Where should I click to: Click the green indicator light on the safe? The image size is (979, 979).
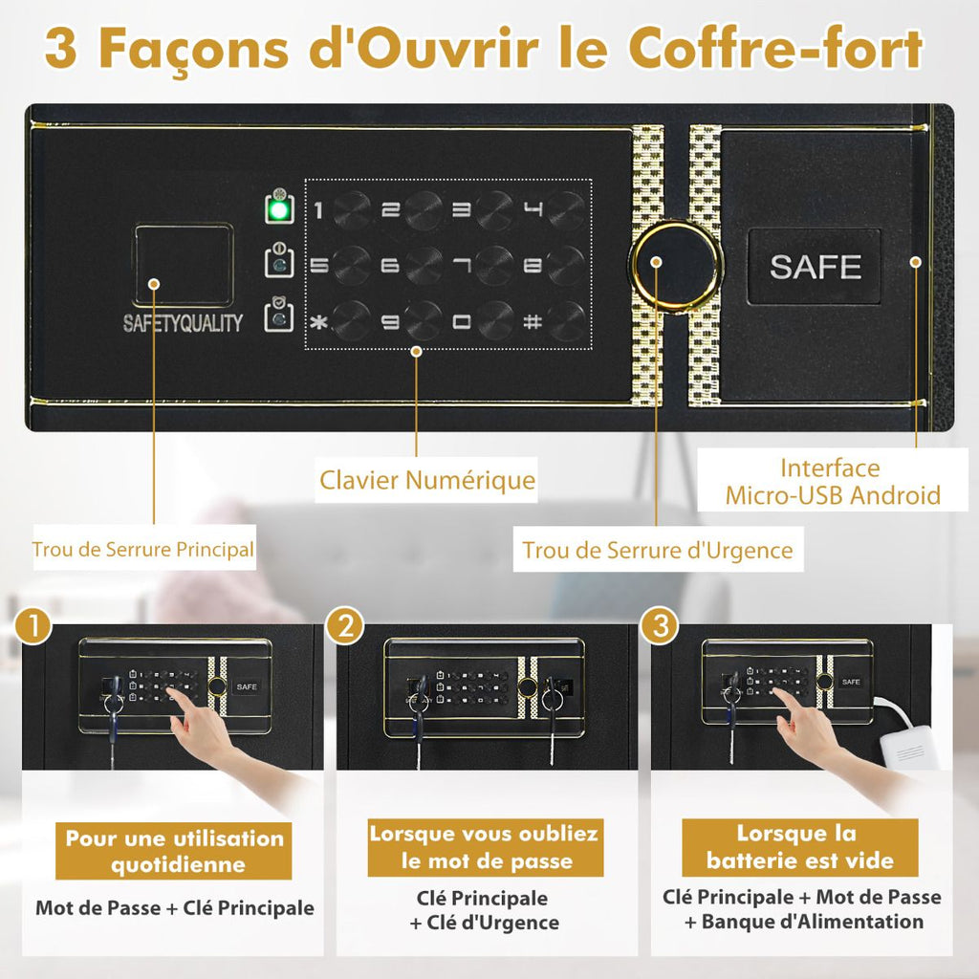tap(280, 209)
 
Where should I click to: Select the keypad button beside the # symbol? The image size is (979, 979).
tap(566, 320)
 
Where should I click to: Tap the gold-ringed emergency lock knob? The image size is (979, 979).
tap(676, 265)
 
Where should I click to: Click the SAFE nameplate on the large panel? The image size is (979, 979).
tap(815, 267)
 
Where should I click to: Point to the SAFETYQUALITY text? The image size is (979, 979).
tap(183, 323)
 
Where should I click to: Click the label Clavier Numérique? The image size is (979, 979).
tap(426, 479)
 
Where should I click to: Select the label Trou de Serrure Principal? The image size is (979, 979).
tap(143, 550)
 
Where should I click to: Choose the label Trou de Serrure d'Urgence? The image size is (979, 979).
tap(657, 551)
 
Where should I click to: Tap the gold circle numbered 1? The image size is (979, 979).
tap(34, 626)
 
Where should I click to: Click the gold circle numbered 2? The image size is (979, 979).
tap(345, 626)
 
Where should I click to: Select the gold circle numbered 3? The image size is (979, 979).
tap(659, 626)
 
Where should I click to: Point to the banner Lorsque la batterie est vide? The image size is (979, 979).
tap(798, 846)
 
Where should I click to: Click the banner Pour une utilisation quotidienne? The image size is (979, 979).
tap(174, 852)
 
